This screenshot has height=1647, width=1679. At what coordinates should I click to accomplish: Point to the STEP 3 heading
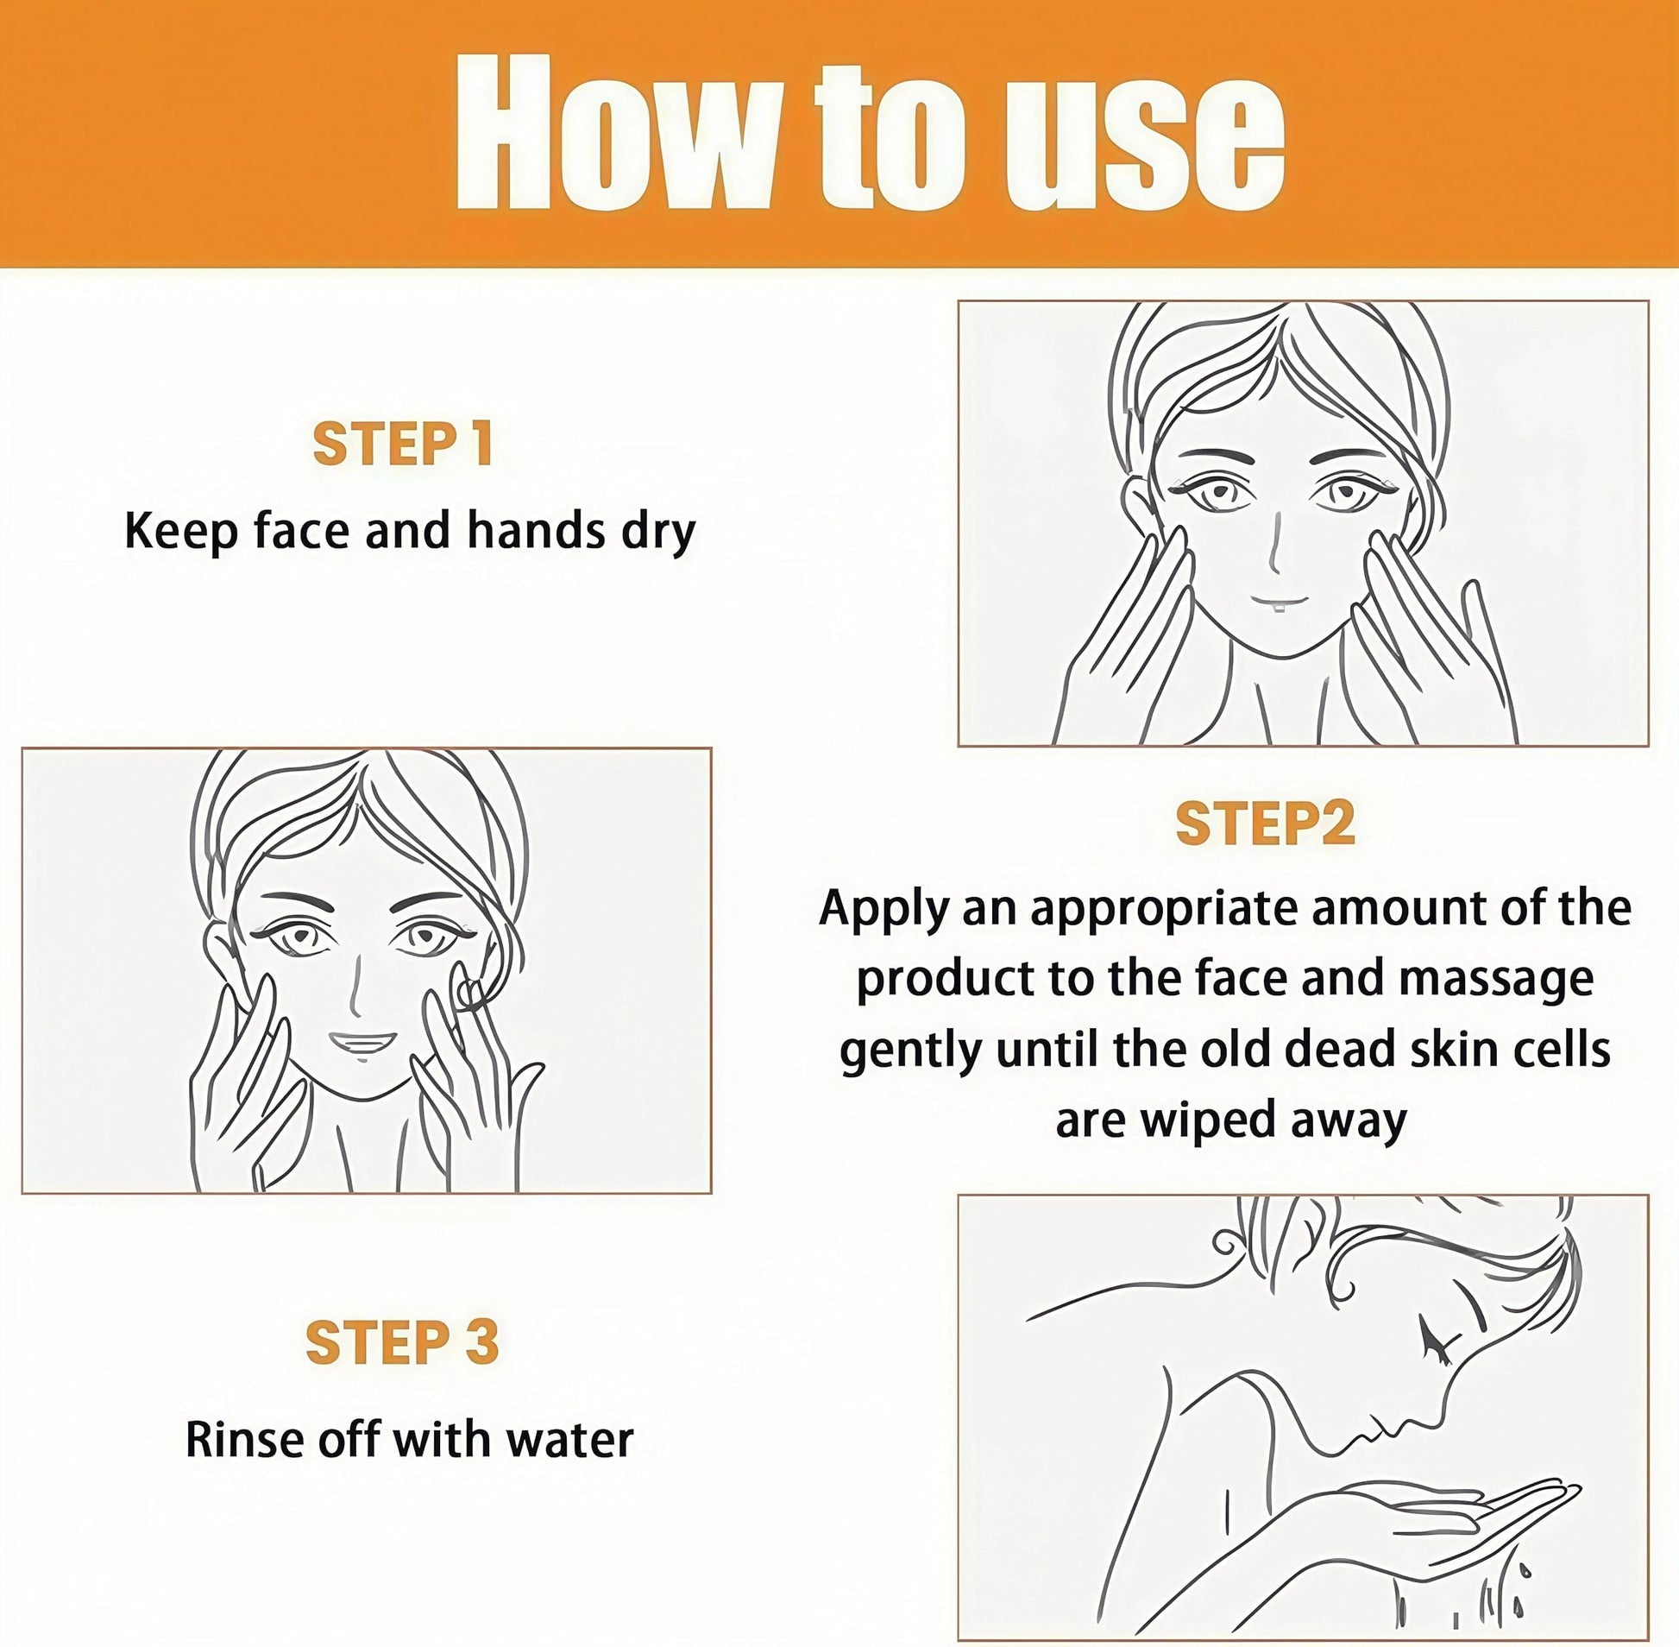(x=403, y=1341)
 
